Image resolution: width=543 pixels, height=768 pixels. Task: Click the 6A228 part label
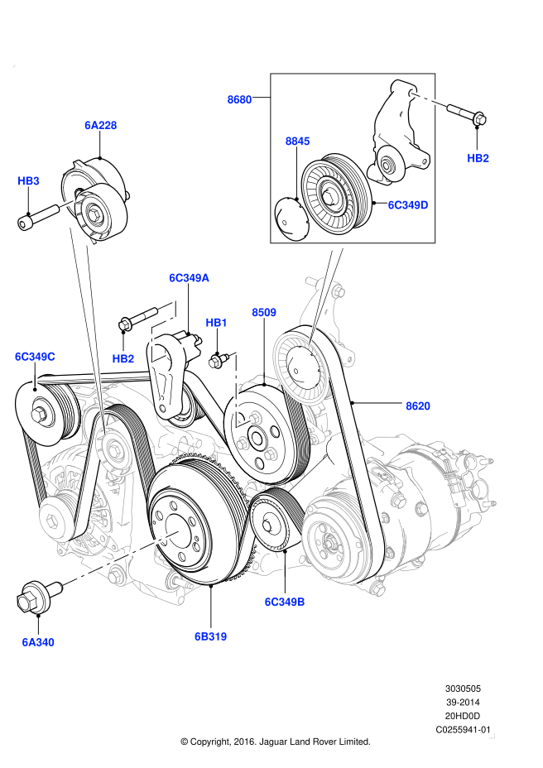[100, 126]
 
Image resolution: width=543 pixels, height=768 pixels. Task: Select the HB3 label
[29, 180]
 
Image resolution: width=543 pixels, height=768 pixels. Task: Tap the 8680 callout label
[239, 99]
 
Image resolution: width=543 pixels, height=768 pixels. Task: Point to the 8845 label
[297, 142]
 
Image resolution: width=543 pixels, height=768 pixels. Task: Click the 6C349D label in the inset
[408, 204]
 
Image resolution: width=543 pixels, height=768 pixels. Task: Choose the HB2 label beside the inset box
[478, 157]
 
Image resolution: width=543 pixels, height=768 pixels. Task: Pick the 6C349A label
[189, 278]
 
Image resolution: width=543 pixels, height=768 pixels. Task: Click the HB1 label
[216, 322]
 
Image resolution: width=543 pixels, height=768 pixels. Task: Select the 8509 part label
[264, 313]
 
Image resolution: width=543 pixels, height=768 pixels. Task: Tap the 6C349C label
[35, 357]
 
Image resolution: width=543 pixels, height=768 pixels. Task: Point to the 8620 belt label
[417, 406]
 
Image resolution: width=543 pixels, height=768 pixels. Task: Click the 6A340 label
[38, 641]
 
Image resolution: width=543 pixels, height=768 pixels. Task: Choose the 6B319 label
[210, 636]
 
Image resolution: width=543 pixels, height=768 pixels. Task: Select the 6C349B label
[285, 602]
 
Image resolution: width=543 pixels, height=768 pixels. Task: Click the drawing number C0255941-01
[464, 730]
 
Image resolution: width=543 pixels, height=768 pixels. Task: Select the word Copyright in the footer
[213, 742]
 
